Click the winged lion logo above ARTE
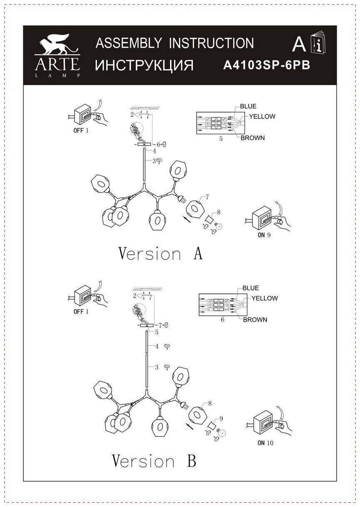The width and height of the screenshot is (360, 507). coord(57,44)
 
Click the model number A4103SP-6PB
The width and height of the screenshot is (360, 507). coord(266,65)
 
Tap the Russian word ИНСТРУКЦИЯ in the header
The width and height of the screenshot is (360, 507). coord(144,65)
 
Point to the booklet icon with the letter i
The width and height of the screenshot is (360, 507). coord(319,44)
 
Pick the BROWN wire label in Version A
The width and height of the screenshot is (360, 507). coord(253,138)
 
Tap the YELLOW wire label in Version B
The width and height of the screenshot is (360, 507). coord(264,298)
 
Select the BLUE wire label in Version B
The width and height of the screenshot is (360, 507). coord(251,288)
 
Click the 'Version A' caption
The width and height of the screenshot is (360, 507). coord(160,253)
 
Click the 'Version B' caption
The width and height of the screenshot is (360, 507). coord(154,460)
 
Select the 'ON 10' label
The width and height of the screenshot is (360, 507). coord(265,443)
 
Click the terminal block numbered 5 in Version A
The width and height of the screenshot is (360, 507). coord(214,123)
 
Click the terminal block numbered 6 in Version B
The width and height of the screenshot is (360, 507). coord(217,305)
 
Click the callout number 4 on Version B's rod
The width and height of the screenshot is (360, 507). coord(157,346)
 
